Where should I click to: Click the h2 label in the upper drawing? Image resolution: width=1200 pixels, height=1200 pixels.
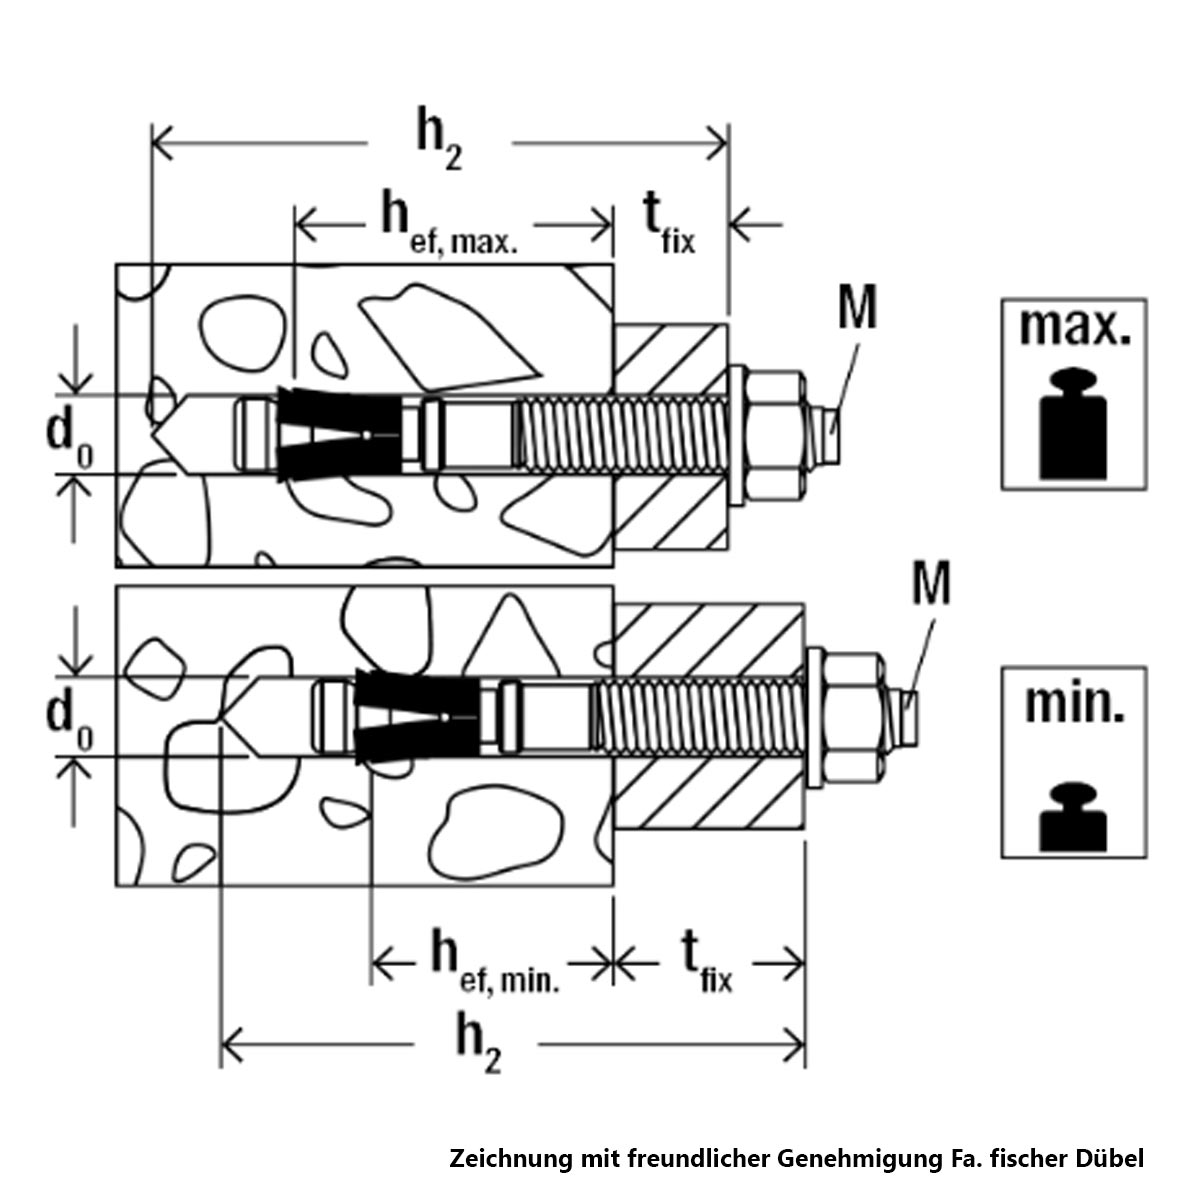(437, 144)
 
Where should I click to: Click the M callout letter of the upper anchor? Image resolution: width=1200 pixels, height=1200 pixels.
(857, 310)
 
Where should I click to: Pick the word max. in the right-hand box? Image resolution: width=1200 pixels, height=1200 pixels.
(1074, 326)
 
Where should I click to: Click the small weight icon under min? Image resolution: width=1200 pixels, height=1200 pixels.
(1073, 815)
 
